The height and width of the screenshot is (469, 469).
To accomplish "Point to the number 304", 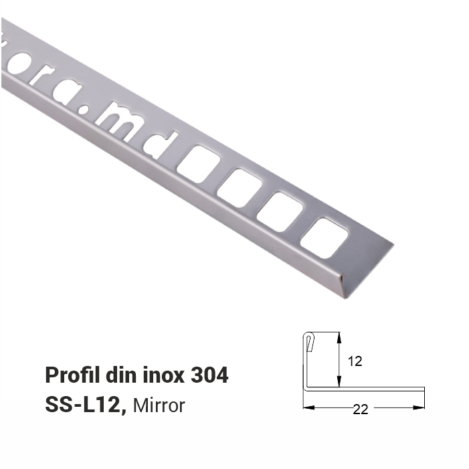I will click(210, 375).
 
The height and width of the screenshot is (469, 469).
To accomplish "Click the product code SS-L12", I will click(85, 405).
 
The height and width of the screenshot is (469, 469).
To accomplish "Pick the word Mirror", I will click(159, 405).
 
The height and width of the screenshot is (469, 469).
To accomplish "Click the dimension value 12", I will click(355, 361).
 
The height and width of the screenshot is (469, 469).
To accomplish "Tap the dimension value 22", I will click(361, 410).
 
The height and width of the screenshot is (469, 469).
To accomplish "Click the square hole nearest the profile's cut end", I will click(324, 238).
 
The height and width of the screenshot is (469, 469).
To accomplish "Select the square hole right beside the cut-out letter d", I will click(198, 164).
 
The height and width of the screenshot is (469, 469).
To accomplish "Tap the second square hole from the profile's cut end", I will click(280, 211).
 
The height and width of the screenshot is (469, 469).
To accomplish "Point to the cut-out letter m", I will click(118, 120).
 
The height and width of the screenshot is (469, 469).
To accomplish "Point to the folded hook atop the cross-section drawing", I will click(308, 341).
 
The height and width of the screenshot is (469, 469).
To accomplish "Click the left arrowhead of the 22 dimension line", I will click(307, 407).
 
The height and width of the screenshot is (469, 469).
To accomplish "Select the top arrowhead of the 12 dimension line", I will click(339, 337).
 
